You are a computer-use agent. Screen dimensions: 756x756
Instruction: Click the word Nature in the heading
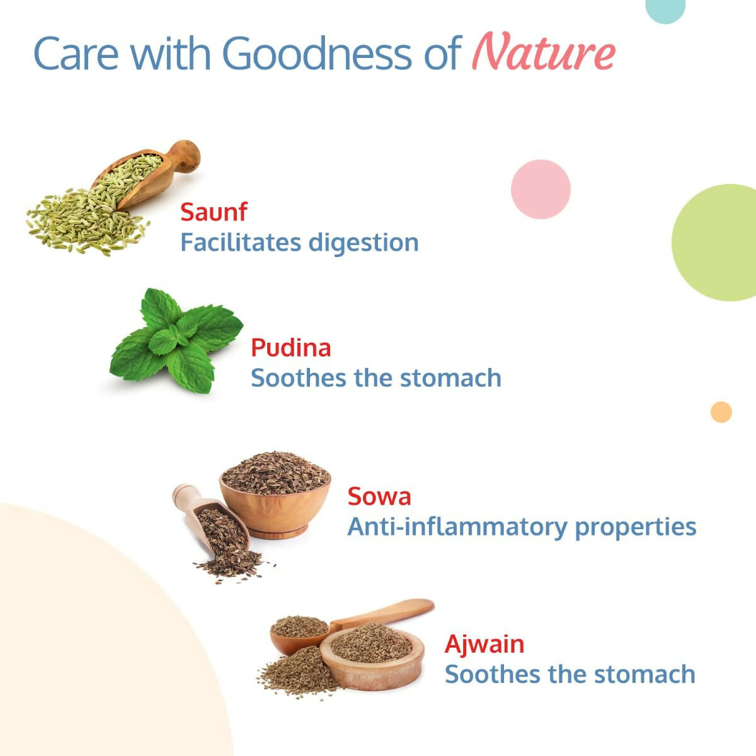pyautogui.click(x=543, y=52)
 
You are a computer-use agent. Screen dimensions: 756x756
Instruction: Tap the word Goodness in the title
pyautogui.click(x=317, y=53)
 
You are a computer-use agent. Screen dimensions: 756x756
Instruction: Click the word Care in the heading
pyautogui.click(x=76, y=53)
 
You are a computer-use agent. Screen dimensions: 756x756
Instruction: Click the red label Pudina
pyautogui.click(x=290, y=348)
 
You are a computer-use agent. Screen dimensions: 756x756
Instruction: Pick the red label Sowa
pyautogui.click(x=379, y=496)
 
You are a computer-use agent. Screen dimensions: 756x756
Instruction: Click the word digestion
pyautogui.click(x=364, y=243)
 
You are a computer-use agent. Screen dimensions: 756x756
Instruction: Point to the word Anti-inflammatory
pyautogui.click(x=457, y=527)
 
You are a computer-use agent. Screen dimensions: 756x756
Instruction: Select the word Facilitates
pyautogui.click(x=241, y=242)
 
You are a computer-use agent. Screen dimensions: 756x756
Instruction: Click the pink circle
pyautogui.click(x=541, y=189)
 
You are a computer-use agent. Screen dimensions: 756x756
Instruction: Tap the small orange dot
pyautogui.click(x=721, y=412)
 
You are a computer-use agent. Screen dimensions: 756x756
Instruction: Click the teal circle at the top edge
pyautogui.click(x=665, y=9)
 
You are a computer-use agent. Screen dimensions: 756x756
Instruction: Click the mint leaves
pyautogui.click(x=176, y=341)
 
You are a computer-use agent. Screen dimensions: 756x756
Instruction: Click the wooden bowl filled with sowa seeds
pyautogui.click(x=275, y=495)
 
